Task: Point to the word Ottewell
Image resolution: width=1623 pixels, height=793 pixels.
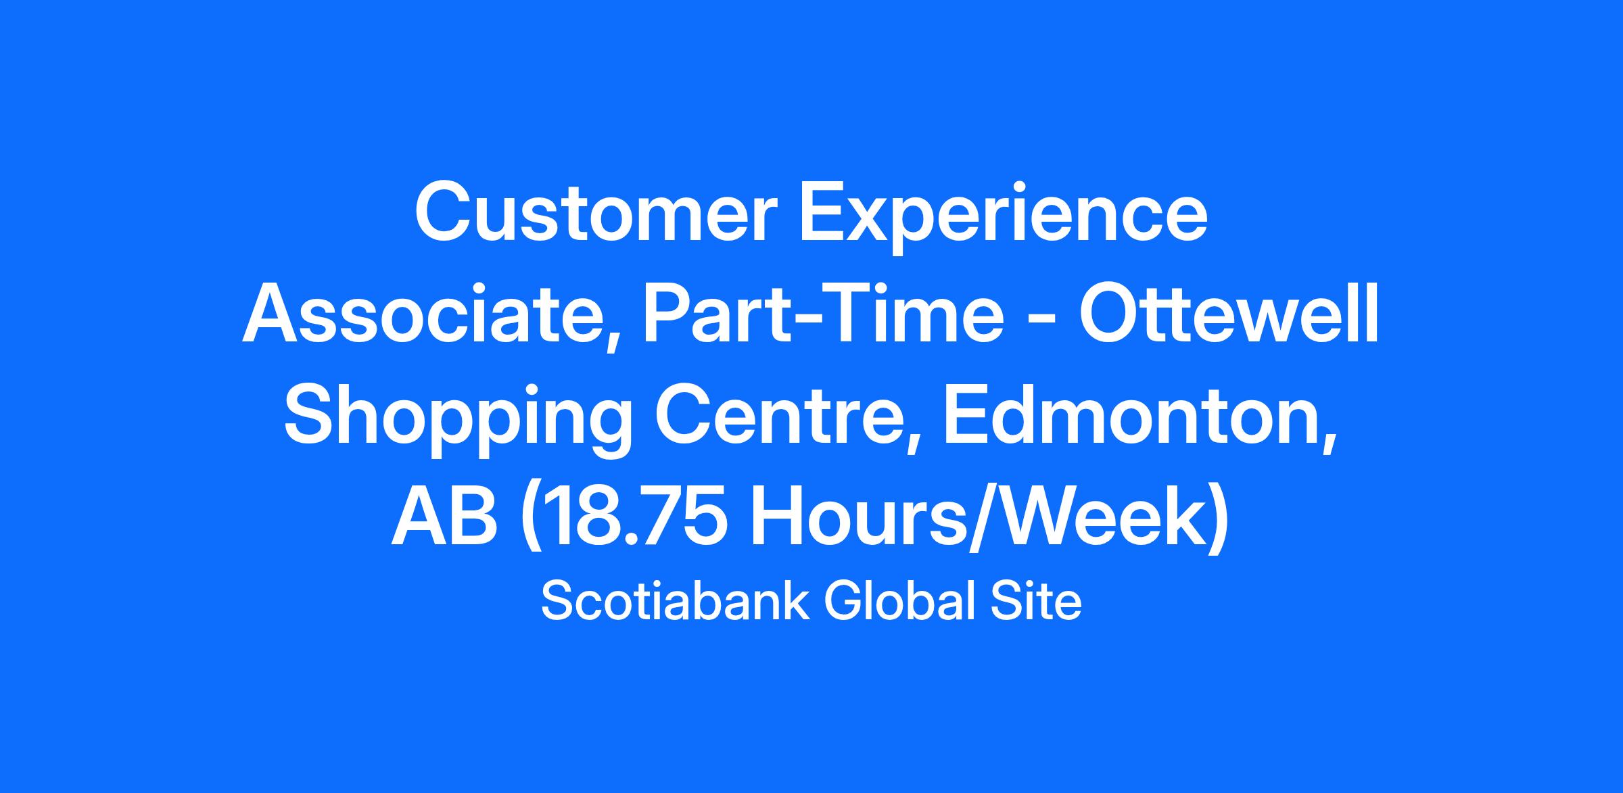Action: pos(1228,314)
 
